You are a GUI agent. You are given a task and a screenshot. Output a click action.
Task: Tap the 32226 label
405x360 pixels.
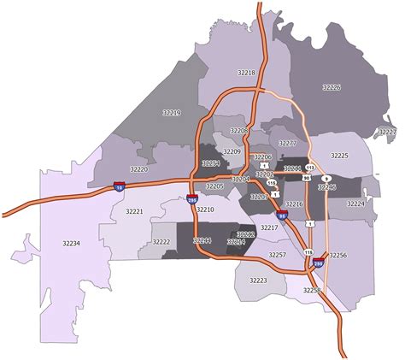[332, 87]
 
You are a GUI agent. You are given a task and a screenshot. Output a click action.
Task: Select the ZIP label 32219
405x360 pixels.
[171, 112]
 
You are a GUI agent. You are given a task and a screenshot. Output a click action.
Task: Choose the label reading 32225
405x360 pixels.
[339, 156]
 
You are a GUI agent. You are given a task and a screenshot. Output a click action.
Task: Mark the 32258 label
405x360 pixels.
[311, 291]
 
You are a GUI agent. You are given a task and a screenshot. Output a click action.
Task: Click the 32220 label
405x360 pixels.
[138, 170]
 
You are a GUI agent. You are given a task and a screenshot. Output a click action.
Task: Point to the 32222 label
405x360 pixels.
[161, 242]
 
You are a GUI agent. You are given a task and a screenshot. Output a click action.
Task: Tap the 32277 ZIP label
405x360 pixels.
[288, 143]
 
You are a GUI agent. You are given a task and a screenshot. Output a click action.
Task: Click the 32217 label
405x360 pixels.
[269, 228]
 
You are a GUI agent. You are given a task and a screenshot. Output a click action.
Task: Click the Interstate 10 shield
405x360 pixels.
[119, 184]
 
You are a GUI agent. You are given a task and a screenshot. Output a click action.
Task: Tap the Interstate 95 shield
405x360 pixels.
[282, 217]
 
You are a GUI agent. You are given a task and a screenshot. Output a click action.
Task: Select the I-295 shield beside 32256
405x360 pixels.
[319, 264]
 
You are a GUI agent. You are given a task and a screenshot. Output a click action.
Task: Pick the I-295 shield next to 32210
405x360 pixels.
[192, 199]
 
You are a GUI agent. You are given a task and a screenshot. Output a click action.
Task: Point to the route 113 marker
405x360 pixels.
[310, 168]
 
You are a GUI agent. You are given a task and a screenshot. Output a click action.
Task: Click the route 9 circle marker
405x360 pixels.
[326, 178]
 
